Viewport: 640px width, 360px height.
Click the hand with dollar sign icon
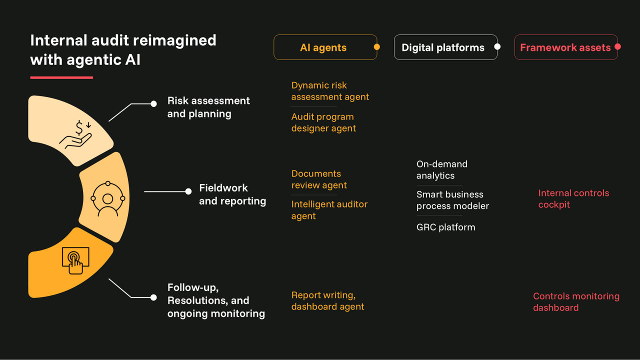76,134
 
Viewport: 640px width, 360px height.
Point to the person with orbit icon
107,198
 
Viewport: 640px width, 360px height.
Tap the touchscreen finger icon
75,260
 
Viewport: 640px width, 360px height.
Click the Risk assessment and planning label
208,107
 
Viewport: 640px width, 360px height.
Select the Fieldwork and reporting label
232,194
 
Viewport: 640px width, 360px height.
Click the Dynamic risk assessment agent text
330,91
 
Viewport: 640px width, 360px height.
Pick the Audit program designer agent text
323,122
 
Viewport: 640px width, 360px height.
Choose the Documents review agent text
319,179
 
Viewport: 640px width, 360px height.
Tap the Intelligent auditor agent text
329,210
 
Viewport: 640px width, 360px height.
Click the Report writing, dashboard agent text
327,301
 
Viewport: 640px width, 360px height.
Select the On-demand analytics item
441,170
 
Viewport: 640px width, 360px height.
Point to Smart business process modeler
452,200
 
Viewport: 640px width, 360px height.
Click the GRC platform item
445,227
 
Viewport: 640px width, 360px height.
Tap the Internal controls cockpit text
573,198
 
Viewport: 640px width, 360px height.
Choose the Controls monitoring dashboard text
576,302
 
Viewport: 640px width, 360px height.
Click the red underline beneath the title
61,77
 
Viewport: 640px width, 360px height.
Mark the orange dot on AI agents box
377,47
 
